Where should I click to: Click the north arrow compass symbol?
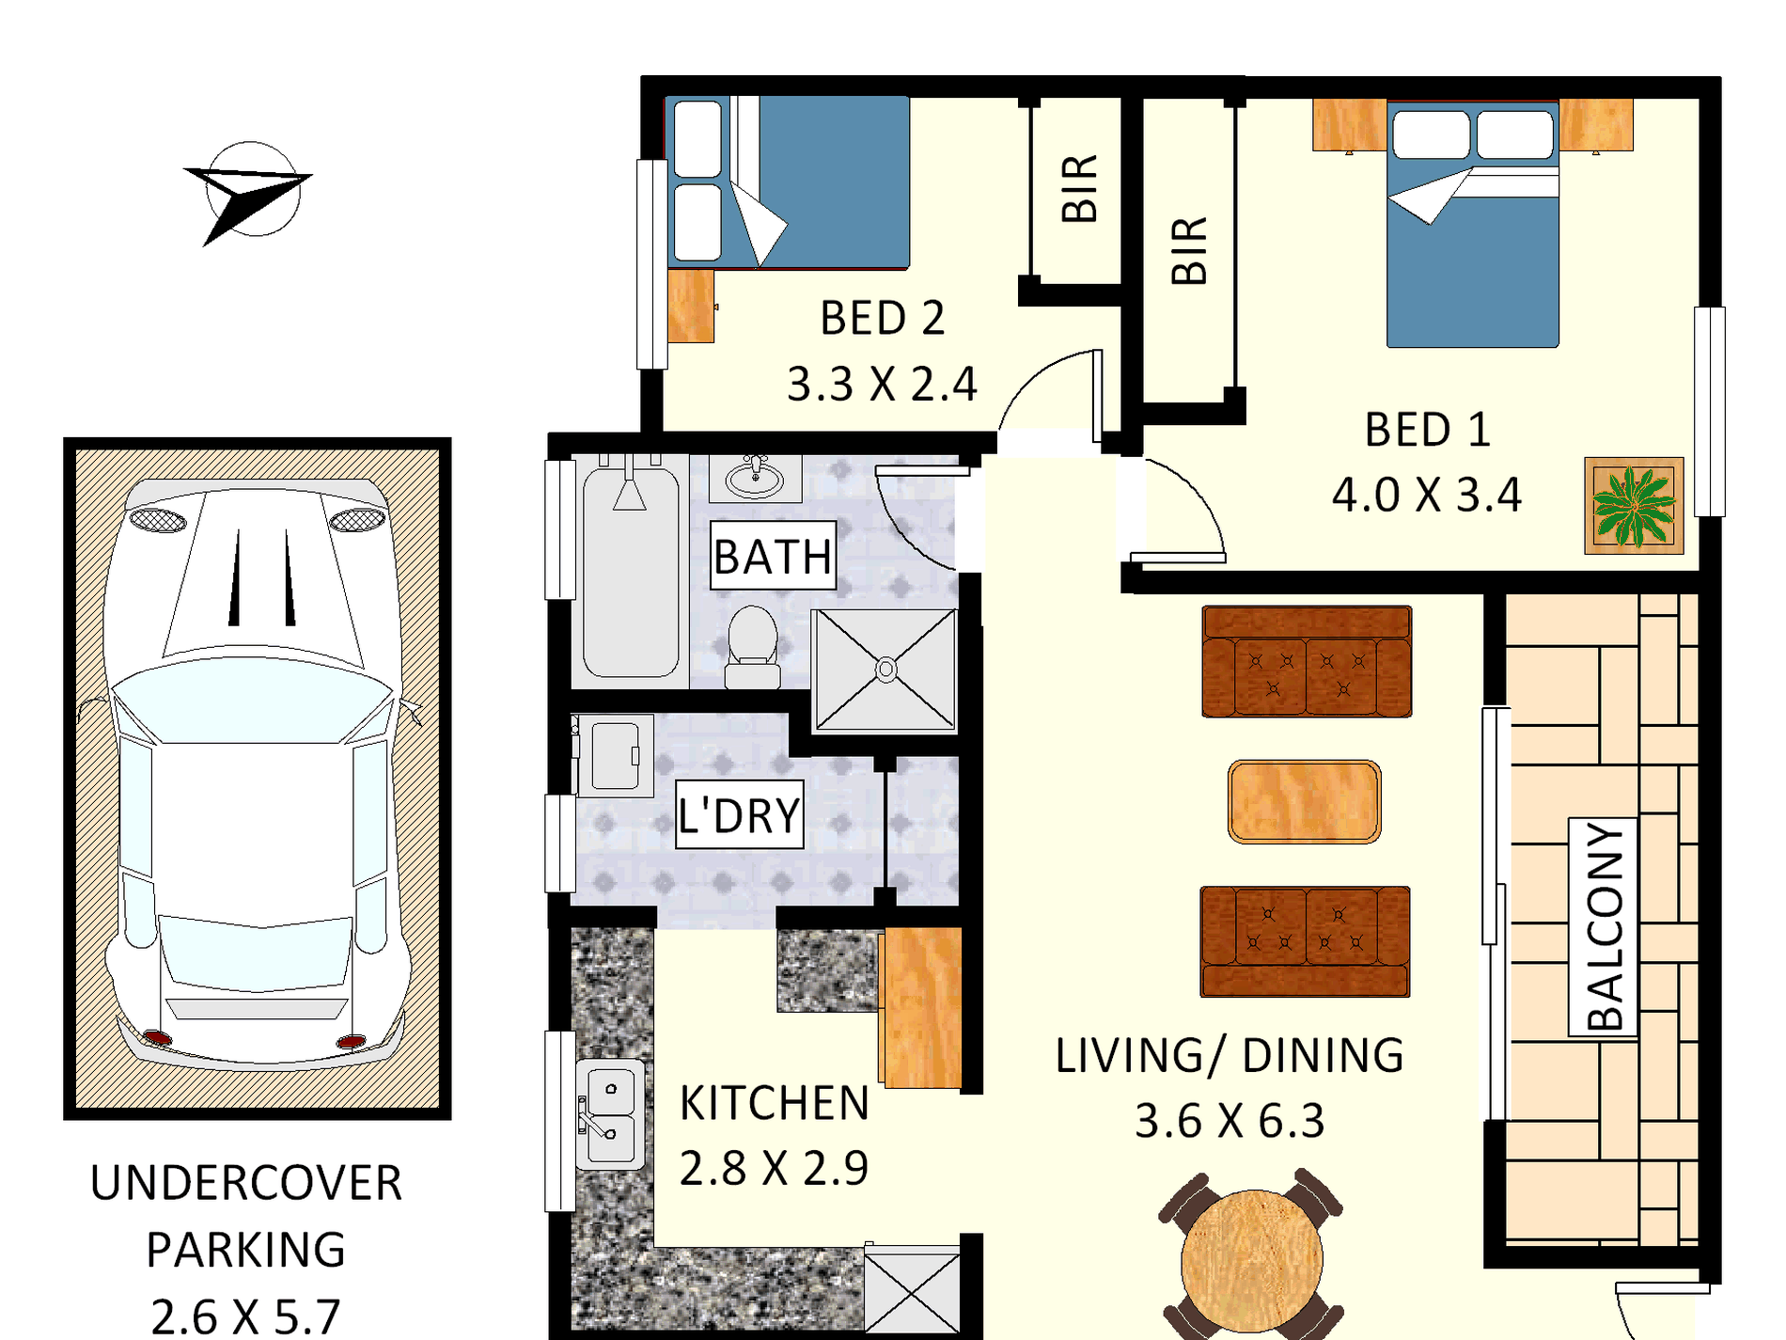pyautogui.click(x=250, y=193)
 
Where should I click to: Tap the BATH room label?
pyautogui.click(x=773, y=556)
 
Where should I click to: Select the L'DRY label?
pyautogui.click(x=739, y=814)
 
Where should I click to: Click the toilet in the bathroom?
pyautogui.click(x=753, y=647)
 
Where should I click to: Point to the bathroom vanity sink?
pyautogui.click(x=754, y=478)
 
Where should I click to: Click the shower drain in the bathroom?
pyautogui.click(x=885, y=670)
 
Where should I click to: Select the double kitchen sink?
pyautogui.click(x=610, y=1114)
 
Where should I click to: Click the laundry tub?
pyautogui.click(x=614, y=755)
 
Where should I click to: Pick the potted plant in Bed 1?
pyautogui.click(x=1634, y=506)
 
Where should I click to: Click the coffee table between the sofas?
pyautogui.click(x=1304, y=801)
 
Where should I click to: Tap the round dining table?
pyautogui.click(x=1252, y=1258)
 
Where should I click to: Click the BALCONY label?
pyautogui.click(x=1604, y=926)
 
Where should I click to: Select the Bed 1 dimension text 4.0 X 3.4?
pyautogui.click(x=1426, y=495)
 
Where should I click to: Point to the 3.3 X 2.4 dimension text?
pyautogui.click(x=882, y=384)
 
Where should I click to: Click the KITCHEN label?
pyautogui.click(x=774, y=1103)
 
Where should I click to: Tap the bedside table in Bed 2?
pyautogui.click(x=691, y=307)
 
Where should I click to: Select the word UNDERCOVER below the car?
pyautogui.click(x=246, y=1183)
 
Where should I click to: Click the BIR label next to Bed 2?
pyautogui.click(x=1079, y=189)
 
